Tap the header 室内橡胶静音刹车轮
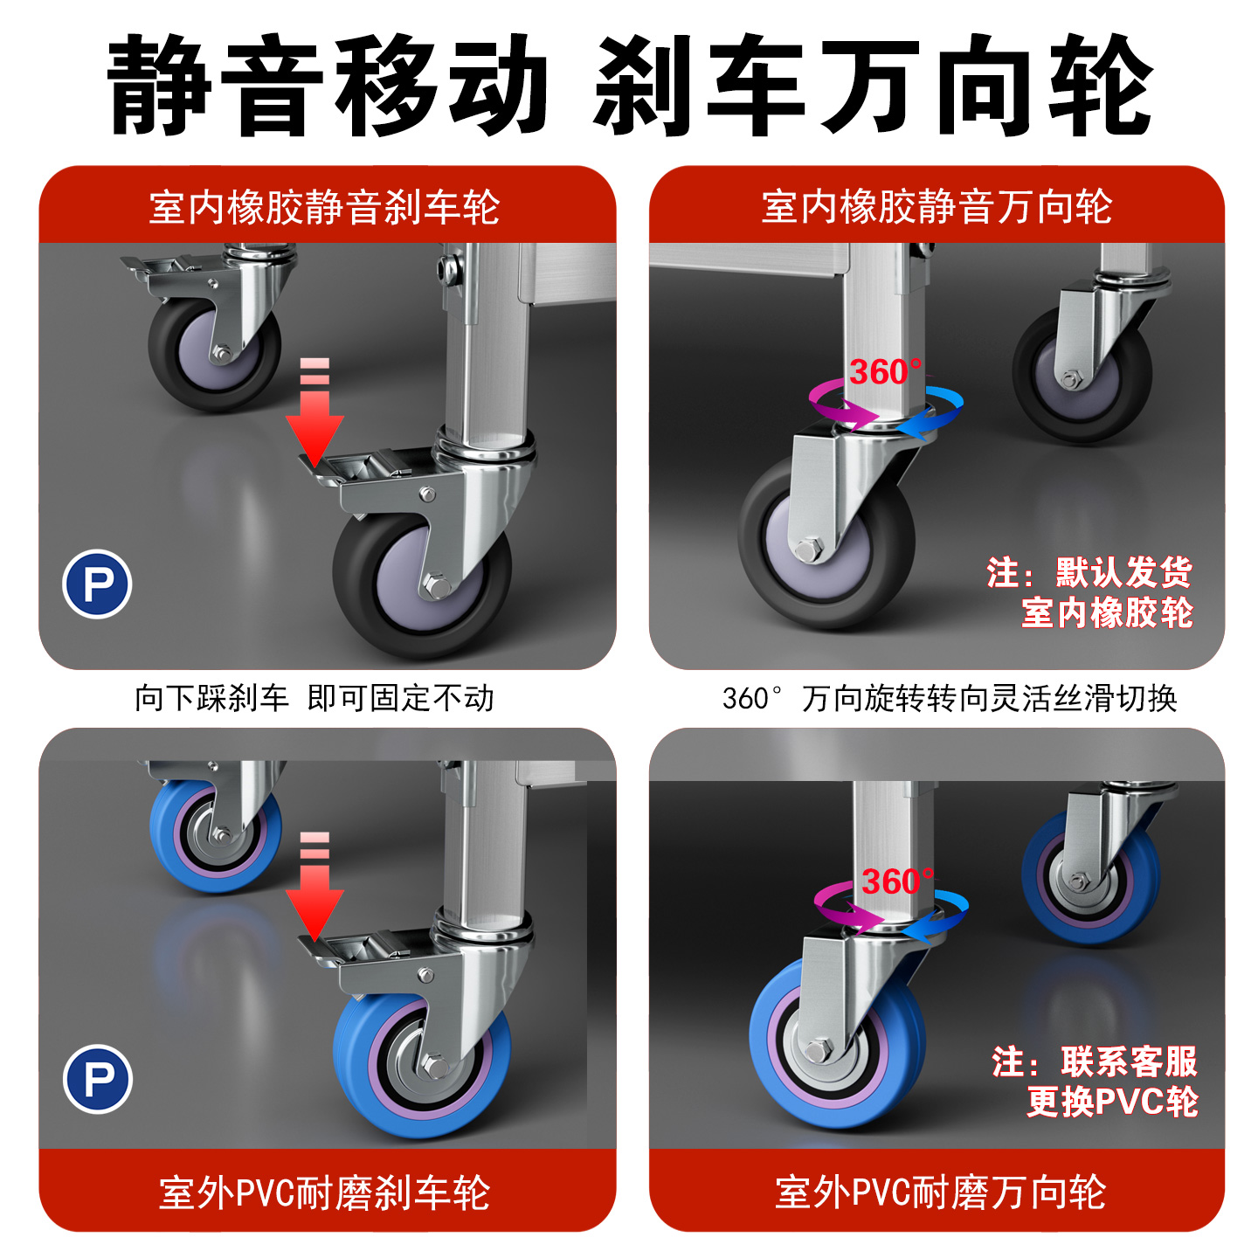coord(324,208)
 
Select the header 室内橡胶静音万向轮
coord(937,207)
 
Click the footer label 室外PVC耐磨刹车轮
coord(324,1192)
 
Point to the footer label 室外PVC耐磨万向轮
coord(940,1192)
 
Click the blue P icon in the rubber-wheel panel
coord(97,584)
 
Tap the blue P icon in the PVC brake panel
coord(98,1078)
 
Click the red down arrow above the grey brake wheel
coord(314,412)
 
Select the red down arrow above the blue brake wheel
coord(314,886)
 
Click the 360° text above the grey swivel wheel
coord(886,372)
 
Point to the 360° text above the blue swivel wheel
coord(898,881)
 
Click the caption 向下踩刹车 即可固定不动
coord(314,698)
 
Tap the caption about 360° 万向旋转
coord(950,698)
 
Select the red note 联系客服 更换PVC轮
coord(1095,1081)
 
